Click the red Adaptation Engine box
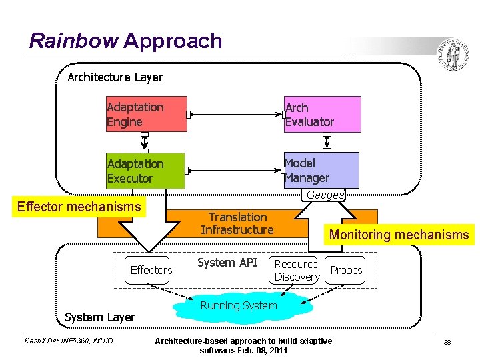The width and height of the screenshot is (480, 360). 147,114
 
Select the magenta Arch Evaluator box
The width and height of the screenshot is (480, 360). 323,114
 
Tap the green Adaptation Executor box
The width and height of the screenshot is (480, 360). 146,171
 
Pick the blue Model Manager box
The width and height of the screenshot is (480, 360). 323,170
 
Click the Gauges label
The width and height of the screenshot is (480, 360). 325,195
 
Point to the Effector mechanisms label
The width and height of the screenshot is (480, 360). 79,207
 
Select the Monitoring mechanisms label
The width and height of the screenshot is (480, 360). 399,235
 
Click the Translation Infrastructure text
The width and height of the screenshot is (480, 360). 237,223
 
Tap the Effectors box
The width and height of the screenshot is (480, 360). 151,270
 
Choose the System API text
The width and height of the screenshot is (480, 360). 227,263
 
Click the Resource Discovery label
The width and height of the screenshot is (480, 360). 297,270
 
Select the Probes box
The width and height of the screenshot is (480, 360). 347,270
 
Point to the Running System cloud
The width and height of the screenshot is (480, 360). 239,306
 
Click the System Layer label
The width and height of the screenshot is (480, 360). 99,317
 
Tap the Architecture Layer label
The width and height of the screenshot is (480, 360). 115,77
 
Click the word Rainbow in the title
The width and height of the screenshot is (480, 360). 73,41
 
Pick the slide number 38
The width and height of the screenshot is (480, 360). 447,342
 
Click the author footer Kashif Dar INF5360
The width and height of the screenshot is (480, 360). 69,341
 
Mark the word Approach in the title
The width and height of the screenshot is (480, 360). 173,41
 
